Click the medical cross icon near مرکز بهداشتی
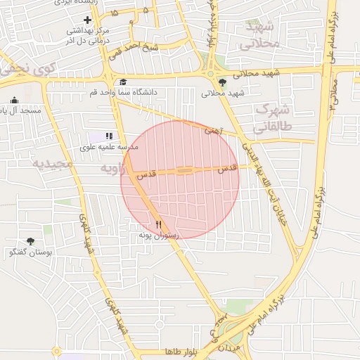[x=87, y=20]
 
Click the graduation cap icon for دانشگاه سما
[x=123, y=82]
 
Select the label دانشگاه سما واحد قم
[x=123, y=93]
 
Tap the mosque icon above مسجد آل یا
[x=15, y=101]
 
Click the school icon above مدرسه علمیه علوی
[x=108, y=136]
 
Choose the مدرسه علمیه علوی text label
[x=109, y=147]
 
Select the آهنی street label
[x=212, y=129]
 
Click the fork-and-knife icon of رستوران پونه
[x=158, y=224]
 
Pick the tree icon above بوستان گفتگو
[x=30, y=241]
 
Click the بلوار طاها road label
[x=179, y=351]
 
